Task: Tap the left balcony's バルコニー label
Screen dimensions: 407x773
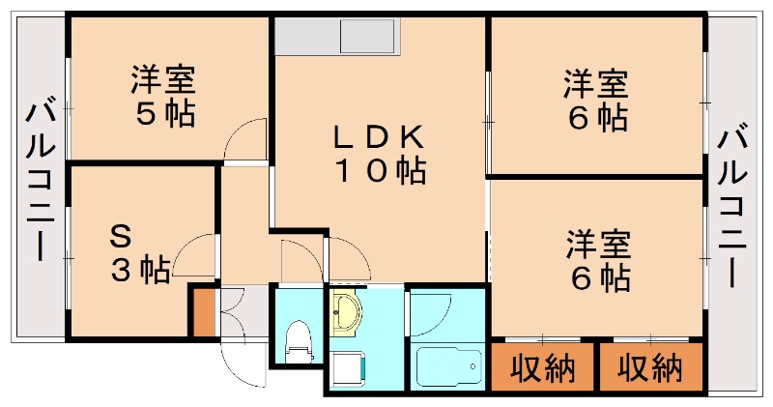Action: coord(40,180)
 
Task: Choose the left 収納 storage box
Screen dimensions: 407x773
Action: coord(542,367)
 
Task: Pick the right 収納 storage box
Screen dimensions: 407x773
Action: coord(650,367)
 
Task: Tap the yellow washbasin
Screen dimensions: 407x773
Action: coord(346,314)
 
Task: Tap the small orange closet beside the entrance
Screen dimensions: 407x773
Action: coord(203,311)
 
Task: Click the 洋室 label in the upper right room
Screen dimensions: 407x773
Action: coord(596,82)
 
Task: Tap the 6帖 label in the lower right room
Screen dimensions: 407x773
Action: coord(598,277)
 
